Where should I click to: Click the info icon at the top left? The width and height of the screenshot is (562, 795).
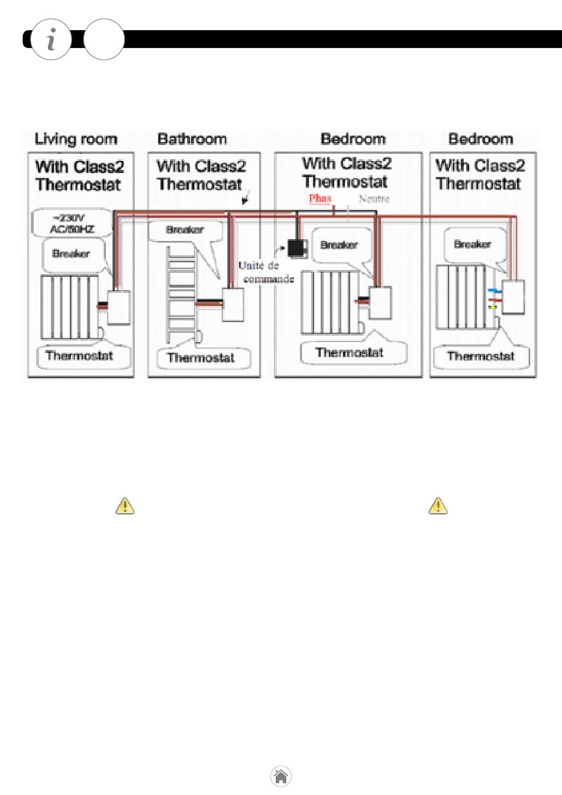(x=51, y=40)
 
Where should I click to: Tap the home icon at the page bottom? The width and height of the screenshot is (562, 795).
(x=281, y=776)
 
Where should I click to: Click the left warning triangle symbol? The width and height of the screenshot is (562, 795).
(x=125, y=506)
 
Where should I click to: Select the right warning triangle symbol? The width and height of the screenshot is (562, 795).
(x=438, y=506)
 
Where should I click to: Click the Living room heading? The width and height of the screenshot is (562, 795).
(x=76, y=140)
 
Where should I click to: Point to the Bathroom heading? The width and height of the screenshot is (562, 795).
(x=192, y=140)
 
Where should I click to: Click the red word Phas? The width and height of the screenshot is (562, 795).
(x=320, y=199)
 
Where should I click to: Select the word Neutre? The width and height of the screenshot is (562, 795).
(x=374, y=199)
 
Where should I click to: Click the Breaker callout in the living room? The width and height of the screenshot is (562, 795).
(x=72, y=254)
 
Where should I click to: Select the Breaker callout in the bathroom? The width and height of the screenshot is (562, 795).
(x=185, y=230)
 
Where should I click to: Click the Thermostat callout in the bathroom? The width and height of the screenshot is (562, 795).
(x=201, y=358)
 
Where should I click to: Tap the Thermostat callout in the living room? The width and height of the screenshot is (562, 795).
(x=79, y=356)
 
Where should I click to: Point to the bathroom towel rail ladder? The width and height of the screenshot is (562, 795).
(x=180, y=293)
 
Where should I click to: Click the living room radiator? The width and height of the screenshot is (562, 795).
(x=70, y=307)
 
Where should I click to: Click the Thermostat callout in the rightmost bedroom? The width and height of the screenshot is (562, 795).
(x=480, y=356)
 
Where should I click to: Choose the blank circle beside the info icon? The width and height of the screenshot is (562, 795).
(x=104, y=40)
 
